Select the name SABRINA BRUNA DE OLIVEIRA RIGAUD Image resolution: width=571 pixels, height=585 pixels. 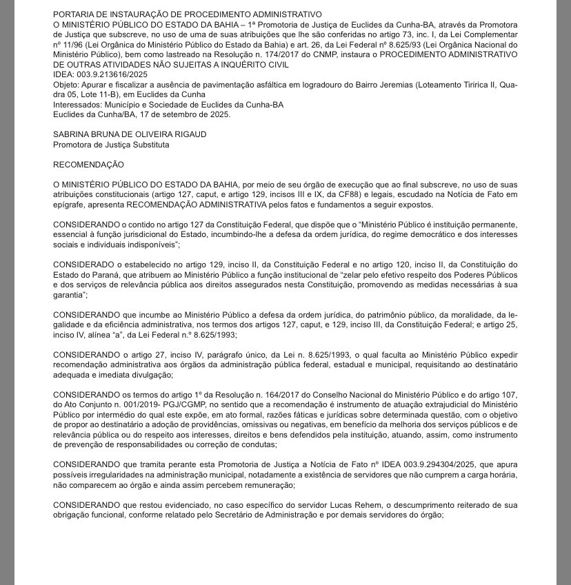click(130, 134)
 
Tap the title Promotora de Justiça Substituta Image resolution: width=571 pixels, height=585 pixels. click(110, 145)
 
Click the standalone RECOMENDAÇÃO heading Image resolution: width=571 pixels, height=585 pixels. click(88, 165)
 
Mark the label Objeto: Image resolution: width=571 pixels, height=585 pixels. click(66, 84)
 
